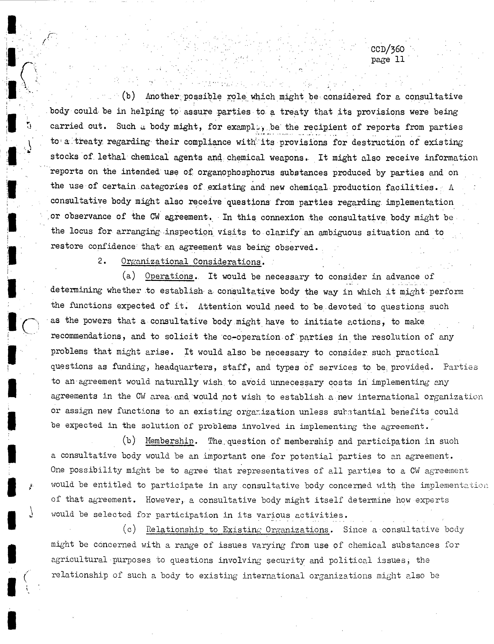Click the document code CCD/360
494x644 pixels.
[388, 49]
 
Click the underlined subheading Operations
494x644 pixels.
[169, 276]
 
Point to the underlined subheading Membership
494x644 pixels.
[170, 441]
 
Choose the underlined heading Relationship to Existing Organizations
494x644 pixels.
[237, 530]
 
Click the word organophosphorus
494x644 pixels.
[236, 172]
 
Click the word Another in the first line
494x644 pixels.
[162, 96]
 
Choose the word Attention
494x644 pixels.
[220, 306]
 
